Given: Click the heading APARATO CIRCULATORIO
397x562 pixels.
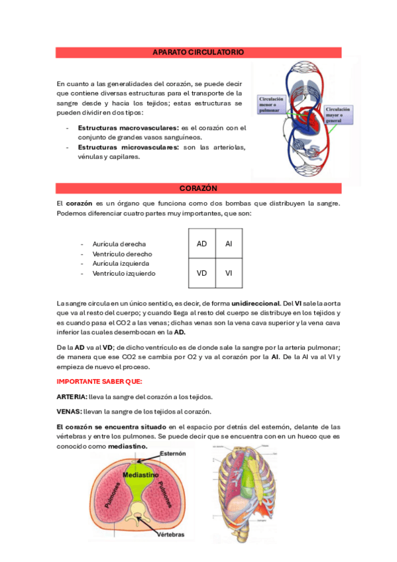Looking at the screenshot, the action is [x=198, y=52].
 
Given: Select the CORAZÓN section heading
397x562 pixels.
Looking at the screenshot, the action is [x=198, y=188].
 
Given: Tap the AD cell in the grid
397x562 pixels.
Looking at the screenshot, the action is [x=202, y=244].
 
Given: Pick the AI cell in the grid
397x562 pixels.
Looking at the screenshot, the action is [x=229, y=244].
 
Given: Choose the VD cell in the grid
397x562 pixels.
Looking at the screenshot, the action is [x=202, y=272].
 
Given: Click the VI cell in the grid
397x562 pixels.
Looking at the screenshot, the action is [x=229, y=272].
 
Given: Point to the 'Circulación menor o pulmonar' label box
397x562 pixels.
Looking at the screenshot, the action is [x=273, y=105].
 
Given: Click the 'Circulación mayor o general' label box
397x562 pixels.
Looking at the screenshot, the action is [x=338, y=115].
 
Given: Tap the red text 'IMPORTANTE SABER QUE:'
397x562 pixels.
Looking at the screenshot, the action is [x=99, y=381].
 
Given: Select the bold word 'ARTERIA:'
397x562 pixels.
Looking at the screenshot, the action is [x=72, y=396].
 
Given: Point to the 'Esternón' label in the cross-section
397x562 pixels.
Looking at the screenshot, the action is [x=171, y=454].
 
